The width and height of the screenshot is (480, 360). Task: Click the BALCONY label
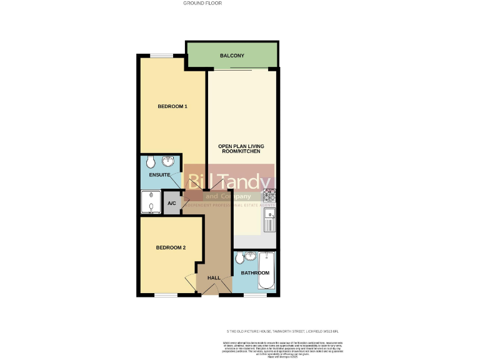point(232,56)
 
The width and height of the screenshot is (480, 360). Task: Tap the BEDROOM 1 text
point(172,106)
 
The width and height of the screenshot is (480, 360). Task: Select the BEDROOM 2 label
point(171,247)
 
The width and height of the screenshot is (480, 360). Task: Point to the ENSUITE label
point(151,176)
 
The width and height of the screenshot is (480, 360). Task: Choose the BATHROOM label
point(255,273)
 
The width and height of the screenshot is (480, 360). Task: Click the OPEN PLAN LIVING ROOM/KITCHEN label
point(239,149)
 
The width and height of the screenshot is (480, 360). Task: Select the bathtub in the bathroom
point(266,271)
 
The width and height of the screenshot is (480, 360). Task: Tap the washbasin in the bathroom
point(251,256)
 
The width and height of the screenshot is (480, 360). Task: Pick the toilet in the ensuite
point(150,162)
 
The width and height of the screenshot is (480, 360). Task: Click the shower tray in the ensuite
point(150,202)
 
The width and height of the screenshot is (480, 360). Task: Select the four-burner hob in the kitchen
point(269,196)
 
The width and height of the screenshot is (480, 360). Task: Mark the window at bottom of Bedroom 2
point(166,295)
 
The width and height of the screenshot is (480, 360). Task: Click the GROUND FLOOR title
point(202,3)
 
